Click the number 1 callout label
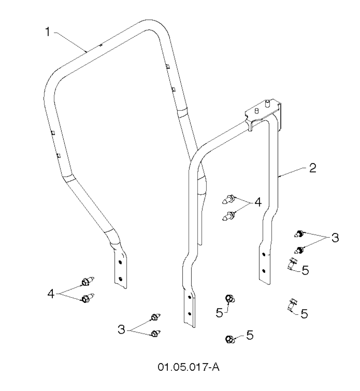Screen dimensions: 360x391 (47, 32)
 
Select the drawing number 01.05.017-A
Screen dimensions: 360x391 (189, 367)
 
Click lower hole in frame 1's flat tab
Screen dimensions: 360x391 (120, 279)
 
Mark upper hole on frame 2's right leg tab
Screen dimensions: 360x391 (264, 255)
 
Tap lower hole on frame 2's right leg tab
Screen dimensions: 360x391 (264, 271)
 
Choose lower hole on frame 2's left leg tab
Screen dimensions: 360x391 (189, 313)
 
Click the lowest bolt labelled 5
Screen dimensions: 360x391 (229, 339)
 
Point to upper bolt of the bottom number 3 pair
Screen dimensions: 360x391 (156, 317)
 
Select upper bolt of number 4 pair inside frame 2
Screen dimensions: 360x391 (228, 199)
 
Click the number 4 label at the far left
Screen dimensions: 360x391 (51, 294)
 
